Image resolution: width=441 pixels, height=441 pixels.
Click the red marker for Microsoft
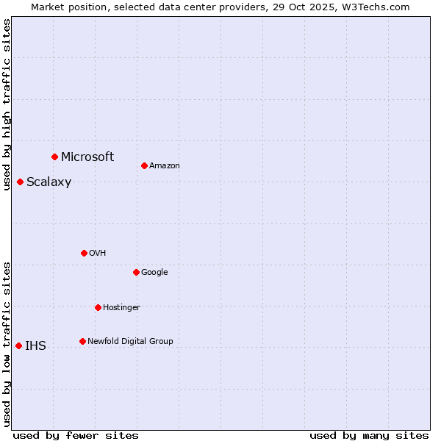54,157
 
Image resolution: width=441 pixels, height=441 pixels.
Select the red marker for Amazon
144,165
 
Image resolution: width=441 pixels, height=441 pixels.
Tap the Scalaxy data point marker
20,182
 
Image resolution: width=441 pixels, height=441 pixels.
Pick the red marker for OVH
84,253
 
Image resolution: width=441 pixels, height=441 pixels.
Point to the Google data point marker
136,272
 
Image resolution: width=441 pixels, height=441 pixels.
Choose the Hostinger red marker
98,307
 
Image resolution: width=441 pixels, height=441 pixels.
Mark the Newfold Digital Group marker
82,341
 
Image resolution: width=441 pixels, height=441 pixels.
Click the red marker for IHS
18,345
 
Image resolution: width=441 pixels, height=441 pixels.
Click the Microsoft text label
87,157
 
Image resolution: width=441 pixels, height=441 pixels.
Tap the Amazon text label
165,165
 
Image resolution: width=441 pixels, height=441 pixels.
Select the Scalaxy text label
49,182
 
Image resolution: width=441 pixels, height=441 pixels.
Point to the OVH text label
98,253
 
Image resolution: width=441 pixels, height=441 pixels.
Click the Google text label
154,272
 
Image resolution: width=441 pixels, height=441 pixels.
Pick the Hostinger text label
121,307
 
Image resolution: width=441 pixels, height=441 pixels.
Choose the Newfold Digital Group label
130,341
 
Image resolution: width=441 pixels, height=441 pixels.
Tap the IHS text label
35,346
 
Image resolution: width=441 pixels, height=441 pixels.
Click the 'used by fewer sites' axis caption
76,435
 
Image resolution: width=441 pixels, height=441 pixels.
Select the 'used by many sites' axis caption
369,435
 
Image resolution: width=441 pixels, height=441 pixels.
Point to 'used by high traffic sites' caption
7,104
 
